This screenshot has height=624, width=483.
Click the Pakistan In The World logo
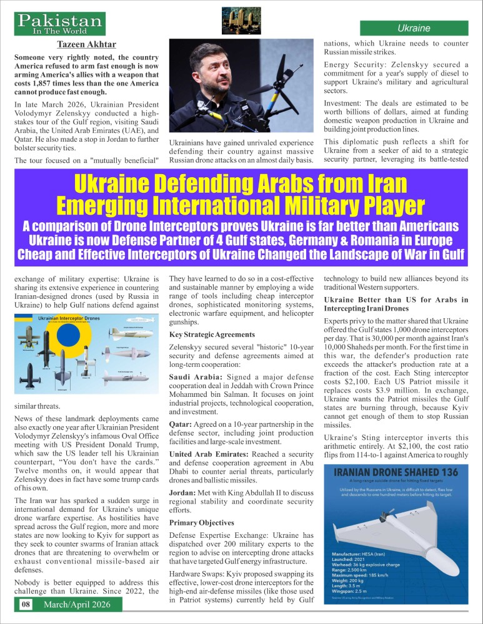coord(61,24)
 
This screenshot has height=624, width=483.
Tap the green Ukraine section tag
coord(414,28)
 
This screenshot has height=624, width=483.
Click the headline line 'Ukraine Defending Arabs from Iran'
coord(241,184)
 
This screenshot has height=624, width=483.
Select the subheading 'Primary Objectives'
coord(199,522)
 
